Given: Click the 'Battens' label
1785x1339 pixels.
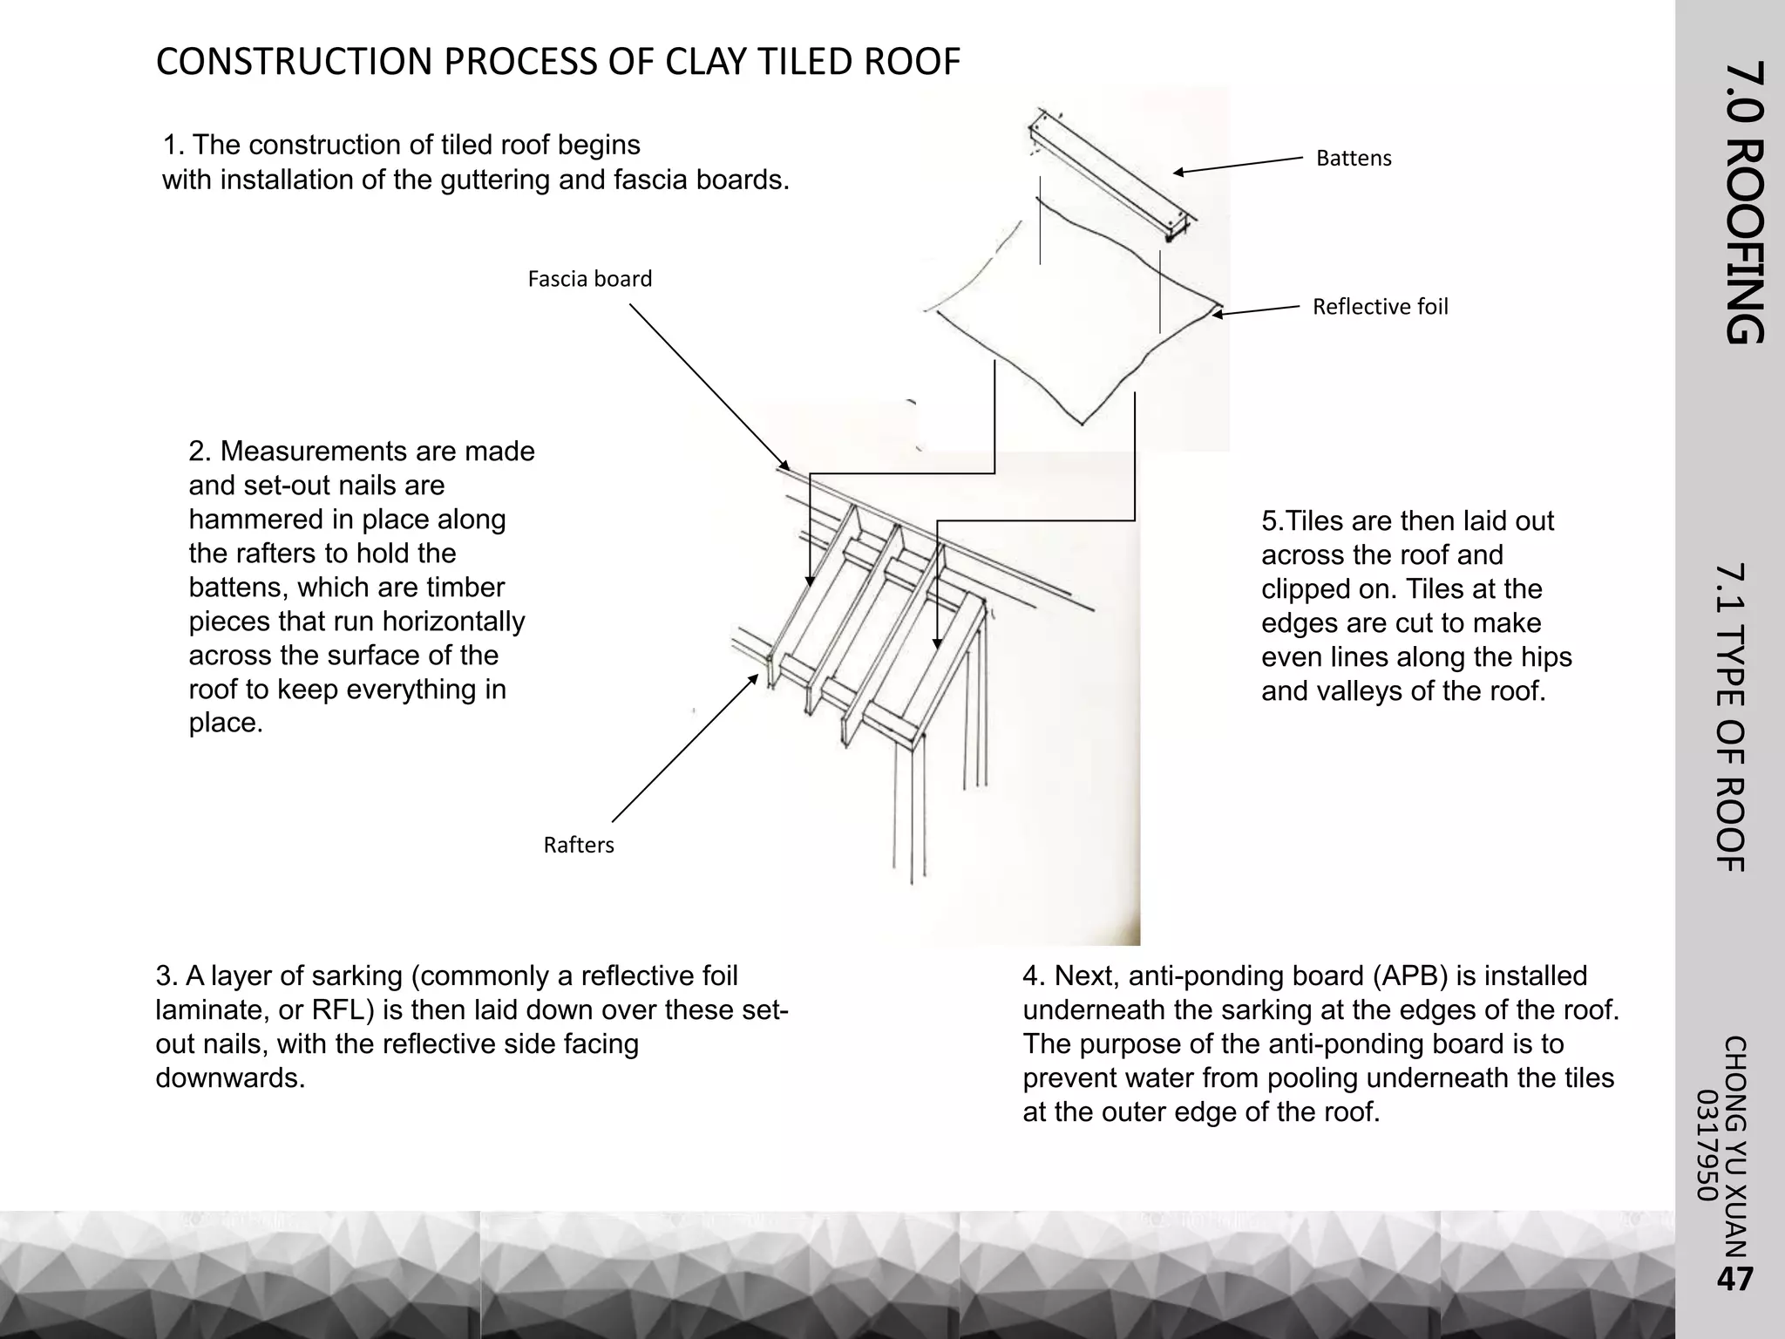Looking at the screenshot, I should tap(1354, 159).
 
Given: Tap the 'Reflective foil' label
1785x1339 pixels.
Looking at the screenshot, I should tap(1380, 307).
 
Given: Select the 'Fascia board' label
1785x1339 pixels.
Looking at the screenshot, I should tap(589, 279).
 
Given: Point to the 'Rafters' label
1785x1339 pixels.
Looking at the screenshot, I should tap(579, 845).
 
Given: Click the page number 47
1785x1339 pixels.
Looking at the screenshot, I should tap(1734, 1279).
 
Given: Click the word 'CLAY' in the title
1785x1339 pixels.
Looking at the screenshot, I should tap(709, 62).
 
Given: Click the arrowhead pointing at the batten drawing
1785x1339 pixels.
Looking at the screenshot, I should tap(1179, 172).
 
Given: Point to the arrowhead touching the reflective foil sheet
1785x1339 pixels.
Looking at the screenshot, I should tap(1218, 314).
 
